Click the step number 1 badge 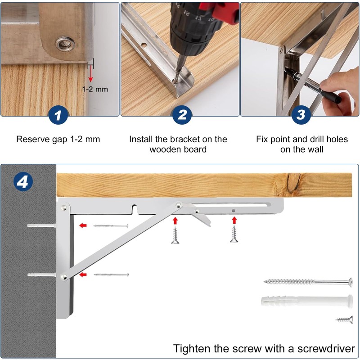point(58,115)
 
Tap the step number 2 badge point(182,115)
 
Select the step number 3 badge point(301,115)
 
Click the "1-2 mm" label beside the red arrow point(95,89)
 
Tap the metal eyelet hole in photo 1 point(65,44)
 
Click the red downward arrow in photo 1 point(91,73)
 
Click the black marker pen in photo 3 point(313,85)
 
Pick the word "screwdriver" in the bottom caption point(326,348)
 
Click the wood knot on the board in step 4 point(294,183)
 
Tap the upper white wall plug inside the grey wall point(41,225)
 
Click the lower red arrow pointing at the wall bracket point(83,274)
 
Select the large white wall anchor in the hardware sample point(307,301)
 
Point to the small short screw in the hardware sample point(344,319)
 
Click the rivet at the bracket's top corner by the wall point(64,208)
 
